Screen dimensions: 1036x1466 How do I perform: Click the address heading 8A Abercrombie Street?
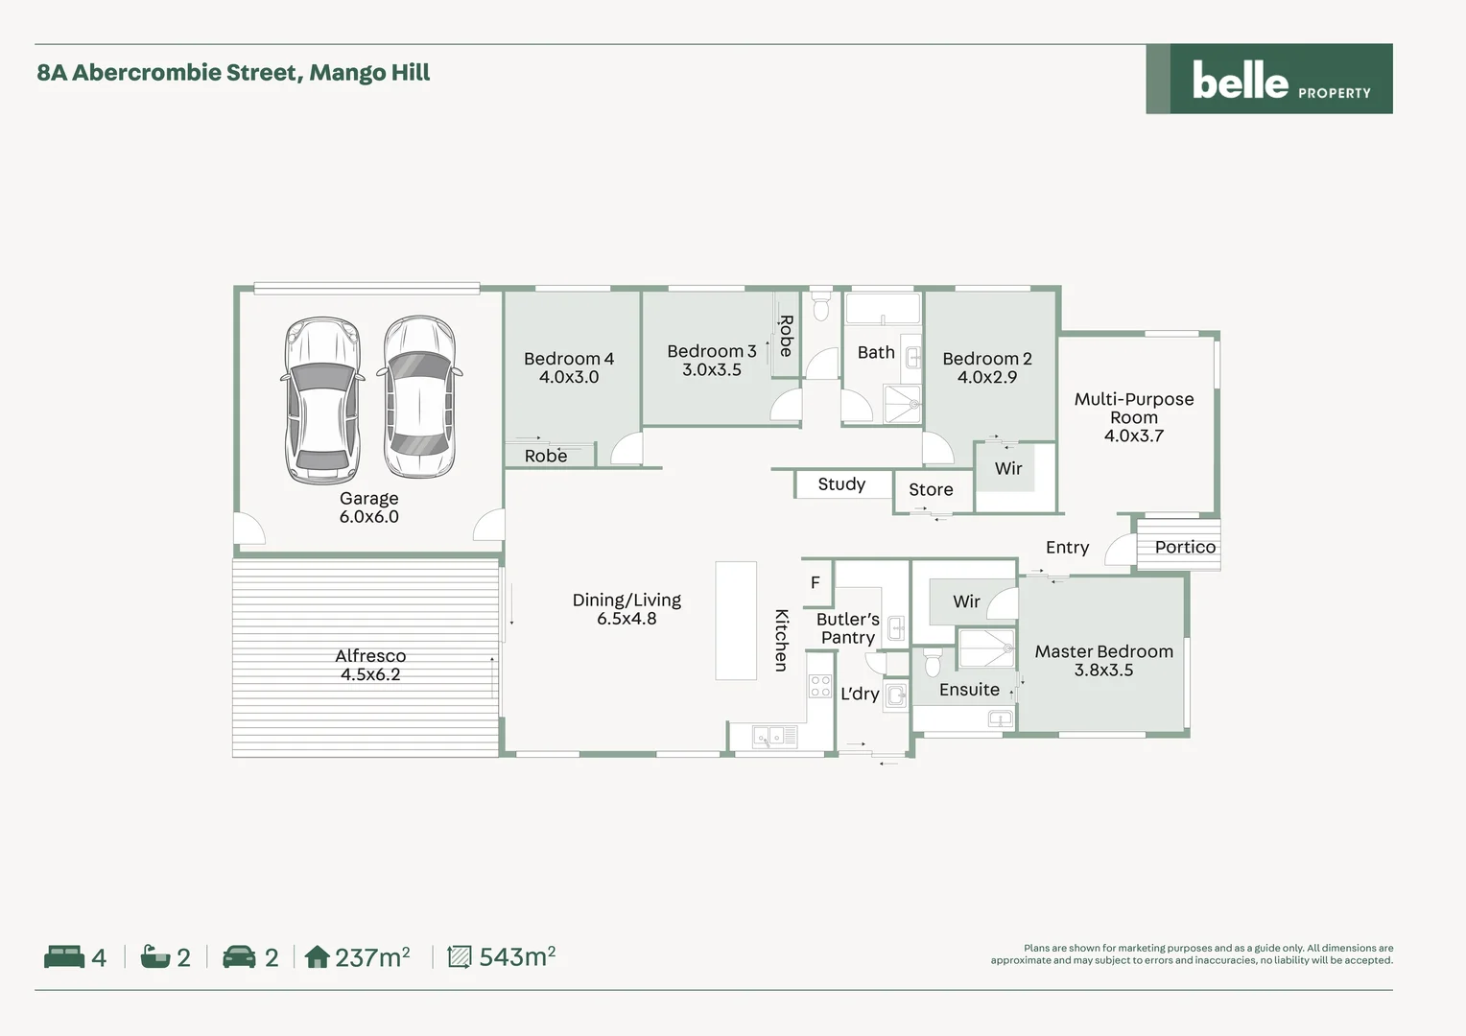(233, 73)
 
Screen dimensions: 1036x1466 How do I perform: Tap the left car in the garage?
(322, 400)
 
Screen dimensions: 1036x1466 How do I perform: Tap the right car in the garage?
(419, 397)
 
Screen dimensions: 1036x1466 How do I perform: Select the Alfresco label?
(370, 656)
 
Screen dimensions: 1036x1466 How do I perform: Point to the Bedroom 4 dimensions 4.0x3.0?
(569, 377)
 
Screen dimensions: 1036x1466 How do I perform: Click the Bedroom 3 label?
(711, 351)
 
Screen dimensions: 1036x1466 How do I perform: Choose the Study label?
(841, 484)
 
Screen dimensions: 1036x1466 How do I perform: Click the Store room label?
(931, 489)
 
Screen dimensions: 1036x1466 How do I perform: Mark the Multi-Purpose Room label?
(1134, 408)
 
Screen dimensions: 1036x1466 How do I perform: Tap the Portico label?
(1185, 547)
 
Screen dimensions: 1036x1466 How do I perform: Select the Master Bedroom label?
(1103, 651)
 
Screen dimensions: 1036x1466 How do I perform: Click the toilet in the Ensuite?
(932, 663)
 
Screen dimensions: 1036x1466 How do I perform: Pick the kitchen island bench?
(736, 621)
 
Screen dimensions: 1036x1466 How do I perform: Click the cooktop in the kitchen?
(820, 685)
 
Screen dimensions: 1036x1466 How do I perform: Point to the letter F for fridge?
(816, 582)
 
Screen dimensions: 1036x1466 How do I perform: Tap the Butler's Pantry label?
(848, 628)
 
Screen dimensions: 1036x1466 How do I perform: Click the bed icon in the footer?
(64, 956)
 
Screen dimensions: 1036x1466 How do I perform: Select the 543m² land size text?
(516, 956)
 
